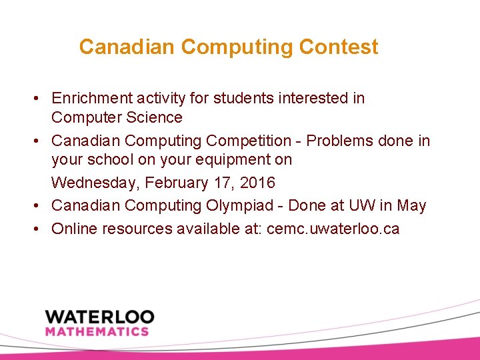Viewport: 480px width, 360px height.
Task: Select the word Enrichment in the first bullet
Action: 89,98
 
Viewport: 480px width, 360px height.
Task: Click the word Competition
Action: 249,141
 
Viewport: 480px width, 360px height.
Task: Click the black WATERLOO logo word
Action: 99,316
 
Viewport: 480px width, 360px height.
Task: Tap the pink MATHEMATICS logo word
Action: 97,331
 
